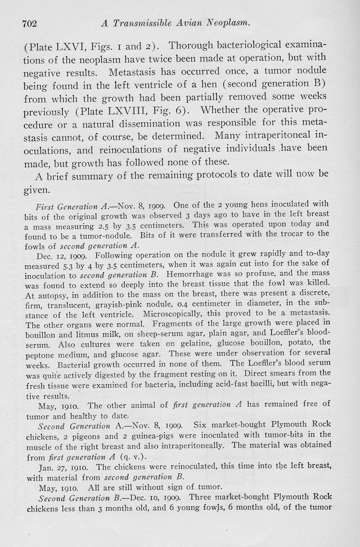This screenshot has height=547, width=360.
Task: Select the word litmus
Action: coord(77,335)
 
